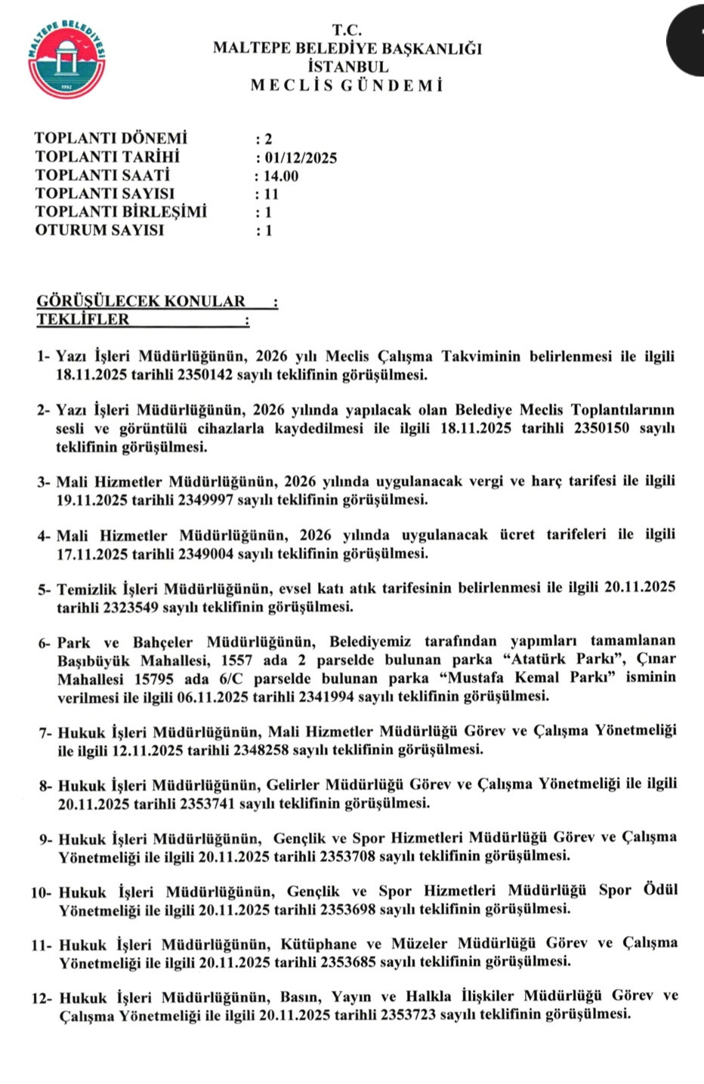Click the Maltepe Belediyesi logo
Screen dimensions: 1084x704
[66, 60]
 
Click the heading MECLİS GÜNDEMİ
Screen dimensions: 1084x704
[347, 85]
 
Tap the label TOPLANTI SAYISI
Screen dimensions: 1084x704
[104, 194]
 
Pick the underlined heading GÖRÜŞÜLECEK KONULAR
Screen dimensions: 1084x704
[141, 301]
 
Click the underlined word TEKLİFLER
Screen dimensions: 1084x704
[83, 319]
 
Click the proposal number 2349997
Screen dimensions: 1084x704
[205, 500]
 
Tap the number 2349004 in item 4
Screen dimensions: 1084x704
[205, 554]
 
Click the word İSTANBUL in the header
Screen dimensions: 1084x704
[348, 66]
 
